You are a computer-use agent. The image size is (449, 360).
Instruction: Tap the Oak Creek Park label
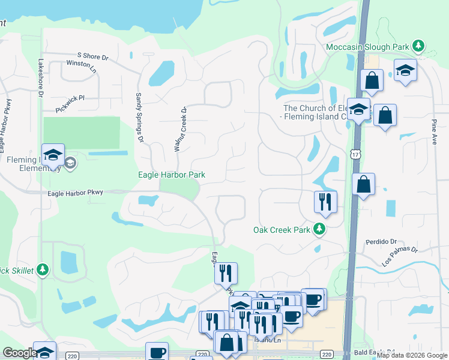pos(281,230)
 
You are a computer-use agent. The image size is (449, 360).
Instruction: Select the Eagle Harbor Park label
pos(172,175)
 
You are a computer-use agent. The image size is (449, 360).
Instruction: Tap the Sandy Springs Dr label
pos(139,118)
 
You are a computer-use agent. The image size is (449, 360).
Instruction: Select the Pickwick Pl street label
pos(70,100)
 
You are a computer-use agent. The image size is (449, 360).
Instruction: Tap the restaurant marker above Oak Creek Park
pos(325,202)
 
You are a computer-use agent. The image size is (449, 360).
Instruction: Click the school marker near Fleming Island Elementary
pos(53,154)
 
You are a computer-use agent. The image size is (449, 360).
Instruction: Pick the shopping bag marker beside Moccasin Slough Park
pos(372,80)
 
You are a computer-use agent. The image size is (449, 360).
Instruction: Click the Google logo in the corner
pos(20,353)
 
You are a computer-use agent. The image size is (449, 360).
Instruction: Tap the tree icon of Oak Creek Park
pos(319,229)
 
